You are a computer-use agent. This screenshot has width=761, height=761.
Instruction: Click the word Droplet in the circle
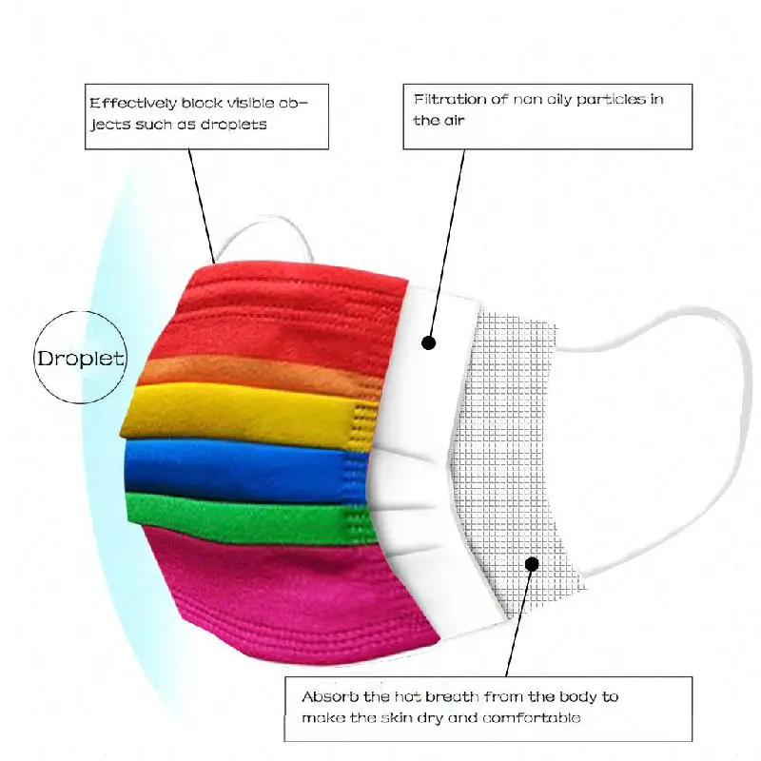[x=80, y=359]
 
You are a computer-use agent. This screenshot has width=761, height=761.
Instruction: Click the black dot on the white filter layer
[x=429, y=341]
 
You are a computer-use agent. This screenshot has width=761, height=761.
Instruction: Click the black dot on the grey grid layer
[x=532, y=564]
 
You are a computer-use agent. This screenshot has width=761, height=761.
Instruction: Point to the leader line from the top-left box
[x=202, y=200]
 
